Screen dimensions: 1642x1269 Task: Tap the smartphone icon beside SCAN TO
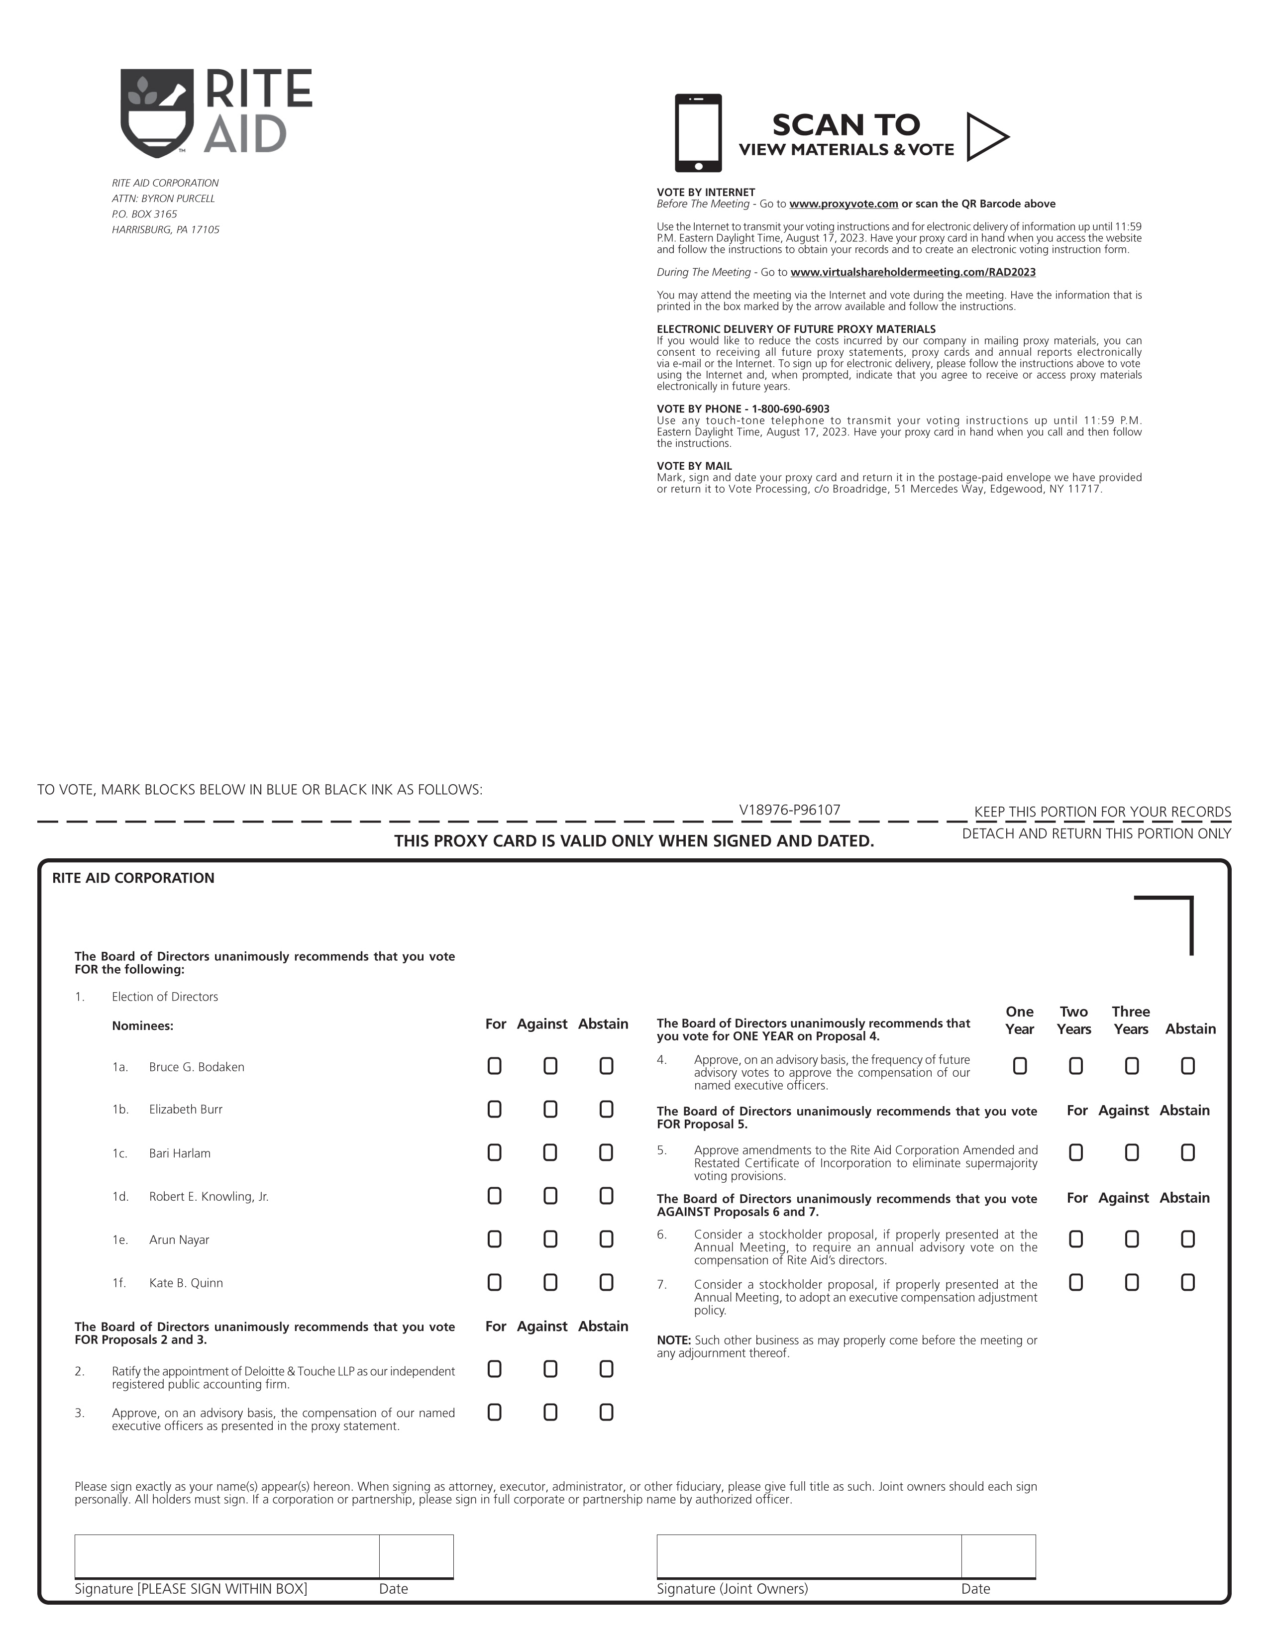click(x=698, y=133)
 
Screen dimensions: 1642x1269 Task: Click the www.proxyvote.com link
click(x=844, y=204)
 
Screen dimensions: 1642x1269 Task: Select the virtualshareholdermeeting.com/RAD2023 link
click(x=913, y=272)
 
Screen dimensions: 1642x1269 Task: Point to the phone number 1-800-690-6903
click(x=790, y=409)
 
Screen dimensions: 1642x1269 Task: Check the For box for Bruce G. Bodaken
click(x=494, y=1066)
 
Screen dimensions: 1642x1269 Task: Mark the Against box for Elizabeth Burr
click(x=550, y=1109)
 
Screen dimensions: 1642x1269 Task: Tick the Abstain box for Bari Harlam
click(x=606, y=1152)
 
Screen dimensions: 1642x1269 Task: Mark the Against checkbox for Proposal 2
click(x=550, y=1369)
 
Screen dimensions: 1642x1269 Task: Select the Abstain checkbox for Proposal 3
click(x=606, y=1413)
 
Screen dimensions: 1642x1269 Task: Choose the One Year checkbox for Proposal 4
click(x=1019, y=1066)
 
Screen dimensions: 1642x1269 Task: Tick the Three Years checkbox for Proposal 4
click(x=1132, y=1066)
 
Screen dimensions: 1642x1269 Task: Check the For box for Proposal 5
click(x=1076, y=1152)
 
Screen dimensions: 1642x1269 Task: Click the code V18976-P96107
click(x=789, y=810)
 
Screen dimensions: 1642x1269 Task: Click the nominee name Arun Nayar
click(x=179, y=1240)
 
